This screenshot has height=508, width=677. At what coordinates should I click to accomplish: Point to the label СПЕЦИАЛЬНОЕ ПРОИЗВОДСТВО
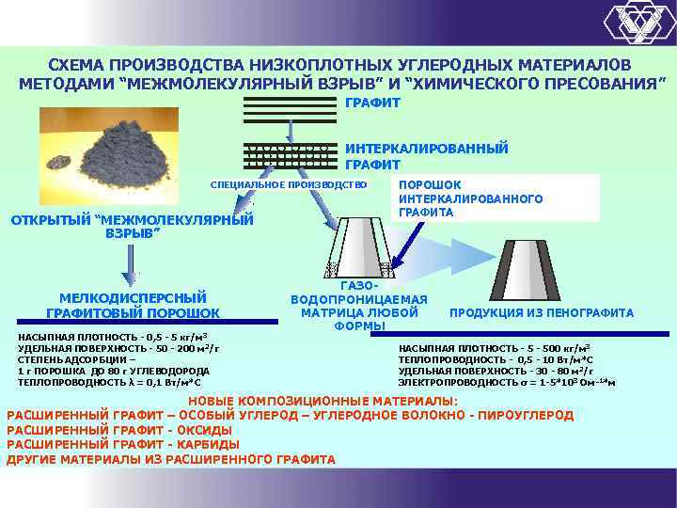(x=288, y=184)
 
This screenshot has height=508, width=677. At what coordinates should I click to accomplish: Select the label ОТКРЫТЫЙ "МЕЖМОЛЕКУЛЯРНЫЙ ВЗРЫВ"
(x=132, y=227)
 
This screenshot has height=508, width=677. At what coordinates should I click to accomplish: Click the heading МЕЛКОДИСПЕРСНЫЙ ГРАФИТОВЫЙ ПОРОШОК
(x=133, y=305)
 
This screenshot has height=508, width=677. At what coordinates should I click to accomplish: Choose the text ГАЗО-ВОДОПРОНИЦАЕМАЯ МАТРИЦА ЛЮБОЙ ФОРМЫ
(x=359, y=306)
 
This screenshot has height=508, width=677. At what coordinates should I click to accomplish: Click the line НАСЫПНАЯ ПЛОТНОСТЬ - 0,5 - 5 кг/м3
(x=113, y=337)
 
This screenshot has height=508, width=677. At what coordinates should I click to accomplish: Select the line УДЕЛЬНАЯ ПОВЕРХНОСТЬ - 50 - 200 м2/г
(x=118, y=348)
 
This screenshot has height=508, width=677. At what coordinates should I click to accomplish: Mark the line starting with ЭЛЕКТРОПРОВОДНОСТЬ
(x=507, y=382)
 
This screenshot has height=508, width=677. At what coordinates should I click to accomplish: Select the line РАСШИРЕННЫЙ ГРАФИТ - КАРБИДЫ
(x=122, y=444)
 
